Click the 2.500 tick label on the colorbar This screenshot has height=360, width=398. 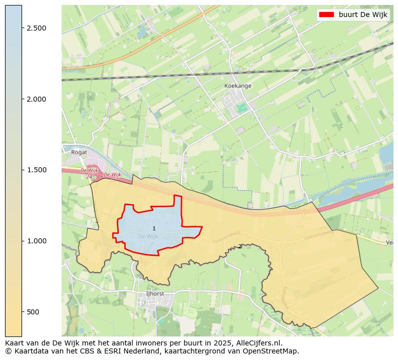coord(37,28)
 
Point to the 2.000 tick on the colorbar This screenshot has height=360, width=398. coord(37,99)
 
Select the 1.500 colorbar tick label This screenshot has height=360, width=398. coord(37,170)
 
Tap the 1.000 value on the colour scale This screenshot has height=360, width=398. coord(37,241)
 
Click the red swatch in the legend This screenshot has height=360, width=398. coord(326,15)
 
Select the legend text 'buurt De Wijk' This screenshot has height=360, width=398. coord(363,15)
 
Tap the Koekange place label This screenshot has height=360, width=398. coord(238,86)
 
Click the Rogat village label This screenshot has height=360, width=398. coord(79,152)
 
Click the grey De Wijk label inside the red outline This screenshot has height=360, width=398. coord(147,236)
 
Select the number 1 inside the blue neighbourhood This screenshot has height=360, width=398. coord(154,228)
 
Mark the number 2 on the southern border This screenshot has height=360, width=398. coord(240,246)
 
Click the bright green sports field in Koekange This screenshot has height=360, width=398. coord(243,107)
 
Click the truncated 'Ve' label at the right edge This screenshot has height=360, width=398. coord(389,242)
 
